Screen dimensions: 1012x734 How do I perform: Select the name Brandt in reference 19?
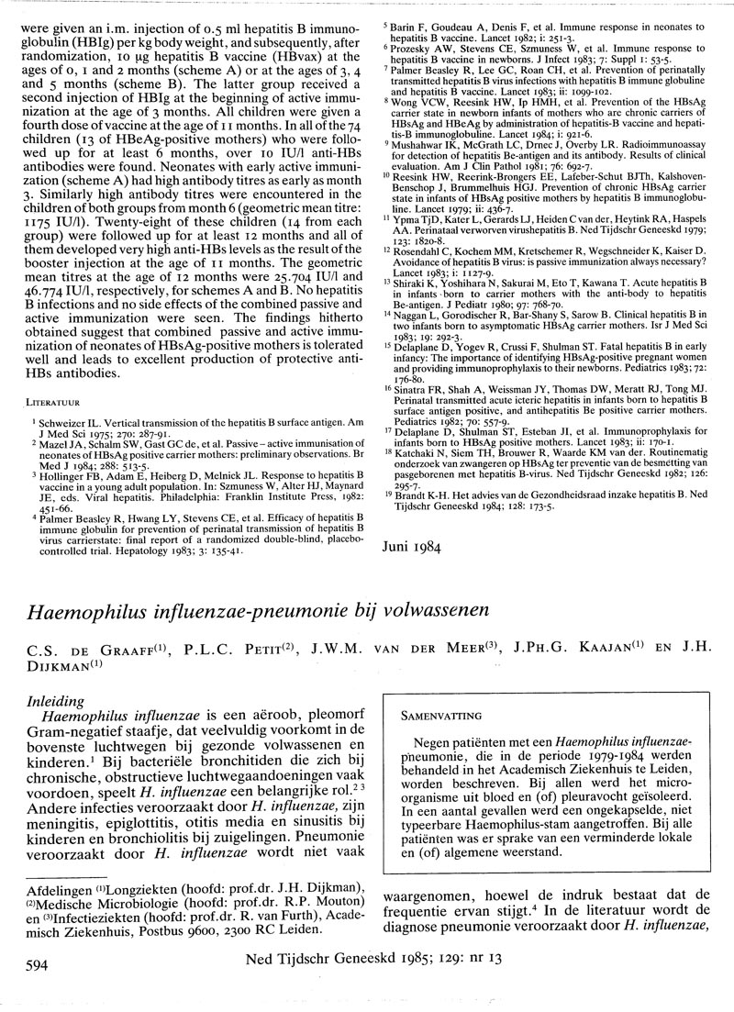coord(417,493)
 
